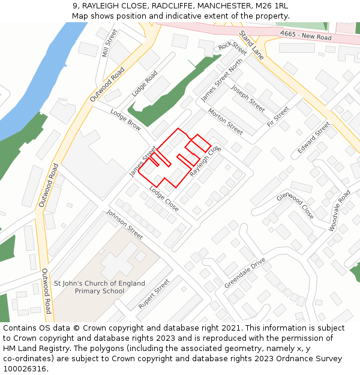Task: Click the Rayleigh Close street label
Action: click(x=206, y=161)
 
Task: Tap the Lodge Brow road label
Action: click(x=126, y=120)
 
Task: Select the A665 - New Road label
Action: click(x=305, y=36)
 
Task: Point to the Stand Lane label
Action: click(x=251, y=44)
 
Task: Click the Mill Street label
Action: click(x=110, y=43)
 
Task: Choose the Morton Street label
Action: click(x=226, y=121)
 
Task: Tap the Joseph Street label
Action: click(x=248, y=98)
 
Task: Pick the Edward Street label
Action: click(x=314, y=137)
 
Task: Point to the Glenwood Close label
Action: click(x=295, y=205)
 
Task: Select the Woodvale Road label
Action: click(x=340, y=211)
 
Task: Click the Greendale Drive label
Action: click(x=245, y=273)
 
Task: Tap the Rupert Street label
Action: click(x=154, y=294)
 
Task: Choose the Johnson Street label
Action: click(x=125, y=224)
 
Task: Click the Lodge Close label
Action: click(x=164, y=200)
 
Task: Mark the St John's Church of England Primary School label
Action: click(x=100, y=287)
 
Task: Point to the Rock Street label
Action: click(x=233, y=46)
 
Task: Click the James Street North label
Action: click(x=222, y=80)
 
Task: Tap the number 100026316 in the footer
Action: click(x=24, y=368)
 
